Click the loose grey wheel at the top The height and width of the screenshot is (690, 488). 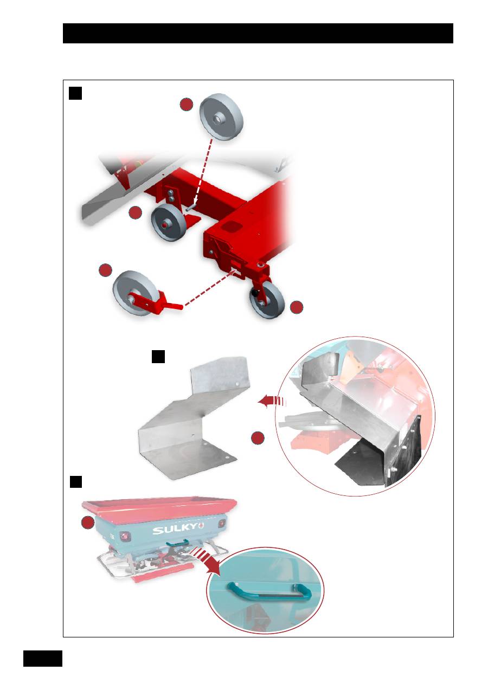tap(221, 117)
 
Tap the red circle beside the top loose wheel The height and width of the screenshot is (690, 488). tap(187, 105)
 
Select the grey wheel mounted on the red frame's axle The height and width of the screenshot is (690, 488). tap(168, 222)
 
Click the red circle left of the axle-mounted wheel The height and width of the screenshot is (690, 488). tap(135, 212)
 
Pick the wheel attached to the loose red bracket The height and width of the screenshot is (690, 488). tap(133, 293)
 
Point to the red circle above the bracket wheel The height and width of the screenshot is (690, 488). tap(105, 270)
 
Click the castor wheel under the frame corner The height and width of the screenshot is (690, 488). tap(267, 300)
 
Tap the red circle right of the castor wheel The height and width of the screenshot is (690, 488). tap(297, 307)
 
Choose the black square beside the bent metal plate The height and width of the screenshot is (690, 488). tap(158, 357)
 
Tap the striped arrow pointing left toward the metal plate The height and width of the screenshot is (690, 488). tap(272, 401)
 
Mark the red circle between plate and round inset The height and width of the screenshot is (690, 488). tap(258, 438)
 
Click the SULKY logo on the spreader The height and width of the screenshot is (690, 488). tap(179, 528)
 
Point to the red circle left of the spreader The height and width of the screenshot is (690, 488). tap(88, 523)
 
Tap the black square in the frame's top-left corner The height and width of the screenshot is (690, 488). tap(75, 93)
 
